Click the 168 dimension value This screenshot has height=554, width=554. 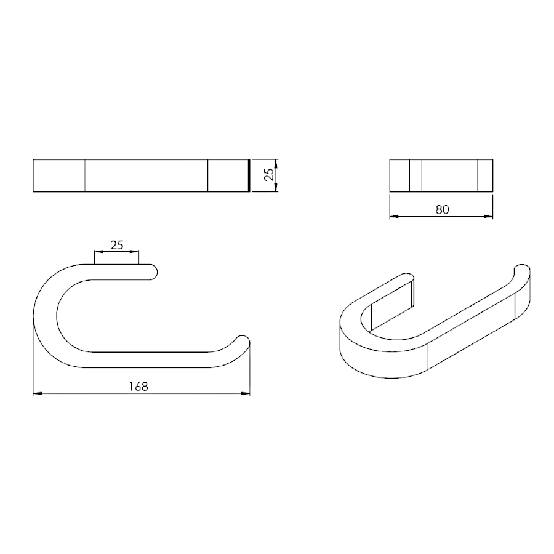point(138,387)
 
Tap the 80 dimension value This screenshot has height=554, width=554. point(442,210)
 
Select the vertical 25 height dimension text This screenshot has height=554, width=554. point(269,175)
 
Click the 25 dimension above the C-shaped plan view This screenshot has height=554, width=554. point(117,245)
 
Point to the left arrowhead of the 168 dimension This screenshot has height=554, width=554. point(38,393)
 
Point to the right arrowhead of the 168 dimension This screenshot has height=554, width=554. point(246,393)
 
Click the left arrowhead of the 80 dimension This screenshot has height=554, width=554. point(394,216)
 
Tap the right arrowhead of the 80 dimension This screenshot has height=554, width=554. point(488,216)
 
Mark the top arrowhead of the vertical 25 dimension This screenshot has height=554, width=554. point(276,164)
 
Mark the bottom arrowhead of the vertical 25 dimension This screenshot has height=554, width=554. point(276,188)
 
